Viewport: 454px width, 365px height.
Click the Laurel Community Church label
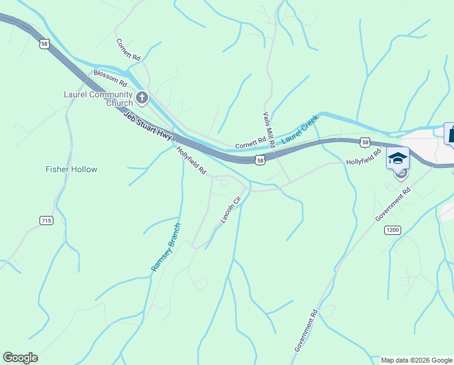(98, 99)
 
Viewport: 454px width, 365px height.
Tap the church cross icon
(141, 97)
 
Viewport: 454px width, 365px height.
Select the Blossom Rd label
(110, 78)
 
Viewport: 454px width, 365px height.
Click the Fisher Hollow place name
(71, 169)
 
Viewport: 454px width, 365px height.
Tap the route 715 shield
(46, 220)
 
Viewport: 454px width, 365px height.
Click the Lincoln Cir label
(231, 207)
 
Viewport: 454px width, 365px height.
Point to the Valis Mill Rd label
(269, 130)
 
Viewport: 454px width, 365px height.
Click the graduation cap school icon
(398, 159)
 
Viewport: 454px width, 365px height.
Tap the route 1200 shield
(393, 230)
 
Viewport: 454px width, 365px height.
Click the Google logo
(20, 358)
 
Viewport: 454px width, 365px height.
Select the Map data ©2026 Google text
(416, 360)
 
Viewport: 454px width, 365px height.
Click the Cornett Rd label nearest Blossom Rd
(129, 49)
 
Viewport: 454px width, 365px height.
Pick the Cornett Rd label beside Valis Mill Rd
(251, 143)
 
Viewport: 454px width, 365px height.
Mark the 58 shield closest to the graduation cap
(364, 142)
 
